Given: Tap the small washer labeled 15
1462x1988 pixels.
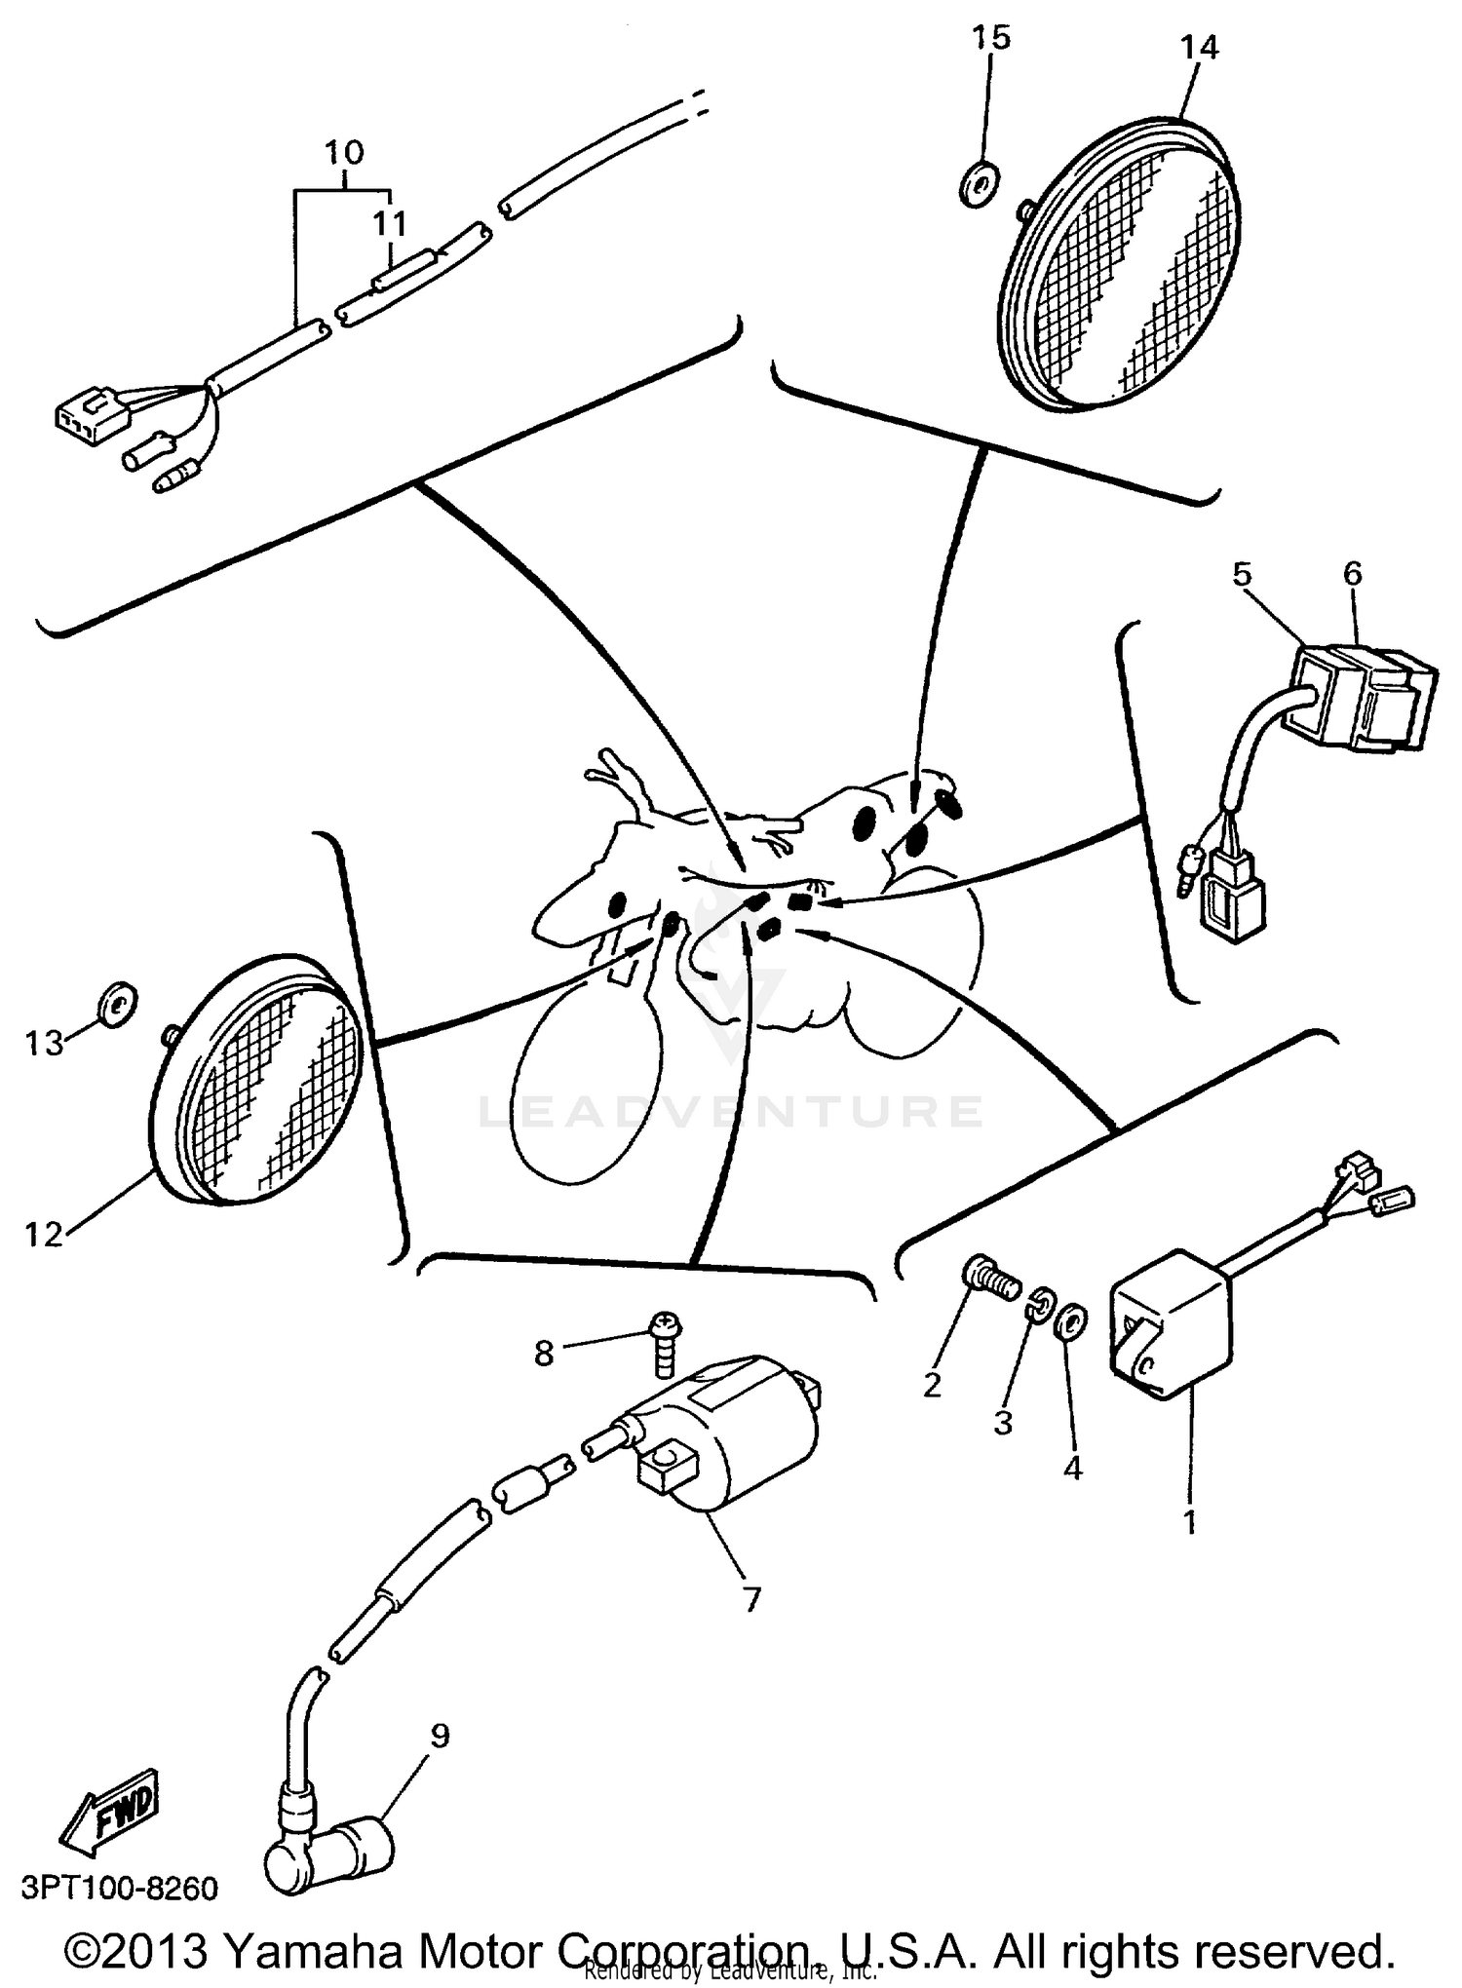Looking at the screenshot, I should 974,185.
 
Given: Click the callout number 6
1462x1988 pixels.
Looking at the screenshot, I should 1352,574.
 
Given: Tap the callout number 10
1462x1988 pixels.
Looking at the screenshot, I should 343,152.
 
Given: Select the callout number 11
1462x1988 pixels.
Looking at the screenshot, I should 390,224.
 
